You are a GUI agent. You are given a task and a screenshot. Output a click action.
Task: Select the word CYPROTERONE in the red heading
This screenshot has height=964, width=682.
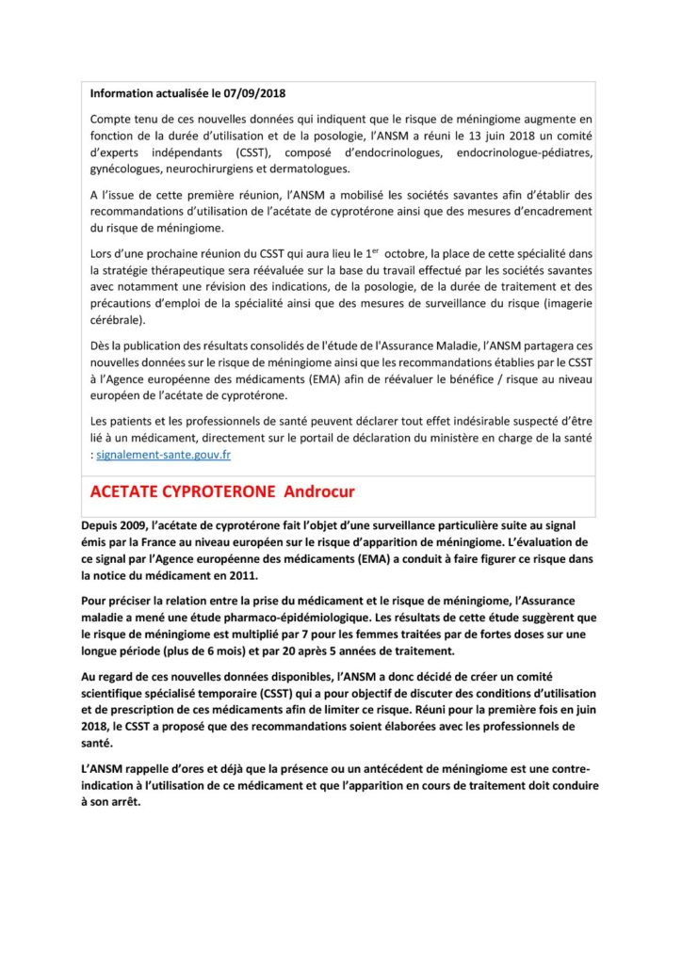pos(214,493)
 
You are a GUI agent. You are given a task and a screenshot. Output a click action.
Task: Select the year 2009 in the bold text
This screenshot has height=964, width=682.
pos(142,524)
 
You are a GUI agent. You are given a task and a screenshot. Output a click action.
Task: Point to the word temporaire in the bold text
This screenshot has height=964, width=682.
pos(222,692)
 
